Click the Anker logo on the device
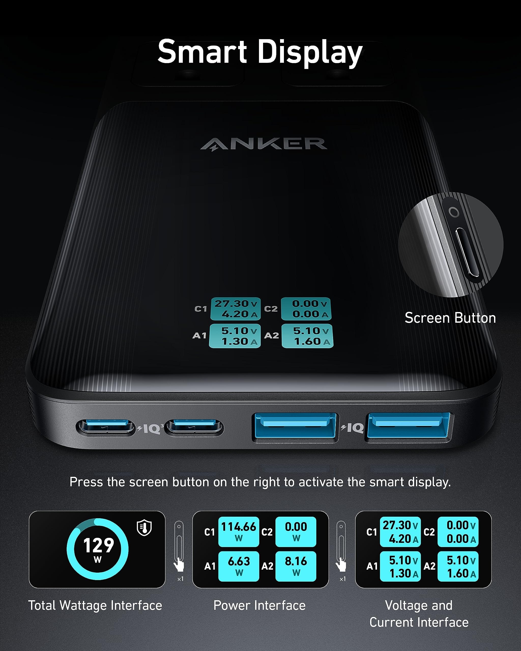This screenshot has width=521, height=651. point(264,144)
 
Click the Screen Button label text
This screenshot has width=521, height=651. point(450,318)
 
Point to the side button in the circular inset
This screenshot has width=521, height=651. point(467,253)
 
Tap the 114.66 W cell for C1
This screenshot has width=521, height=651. point(239,531)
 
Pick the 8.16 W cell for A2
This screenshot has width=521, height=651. point(296,566)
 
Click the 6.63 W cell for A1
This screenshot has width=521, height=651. point(239,566)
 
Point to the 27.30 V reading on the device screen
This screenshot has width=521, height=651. point(236,303)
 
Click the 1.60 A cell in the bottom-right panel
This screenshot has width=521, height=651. point(458,573)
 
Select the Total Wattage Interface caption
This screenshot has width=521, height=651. point(95,605)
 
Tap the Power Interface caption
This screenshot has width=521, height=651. point(259,605)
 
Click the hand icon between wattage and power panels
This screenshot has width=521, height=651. point(179,564)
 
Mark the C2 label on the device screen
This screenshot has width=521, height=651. point(271,309)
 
